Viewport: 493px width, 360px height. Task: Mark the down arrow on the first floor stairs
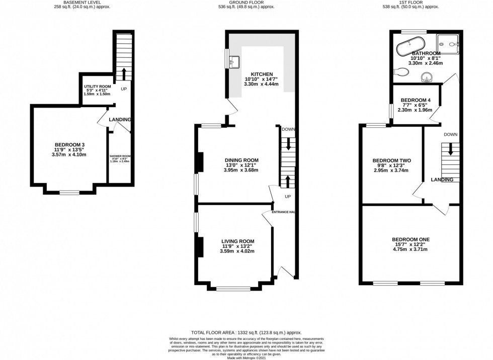[450, 149]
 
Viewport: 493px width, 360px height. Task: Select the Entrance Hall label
[283, 212]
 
